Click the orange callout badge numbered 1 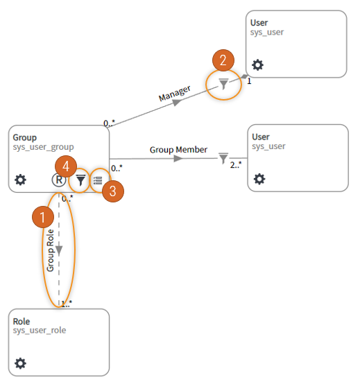pyautogui.click(x=43, y=217)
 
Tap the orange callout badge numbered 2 pyautogui.click(x=223, y=60)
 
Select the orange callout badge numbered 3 pyautogui.click(x=113, y=191)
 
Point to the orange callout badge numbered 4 pyautogui.click(x=66, y=166)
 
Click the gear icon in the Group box pyautogui.click(x=21, y=180)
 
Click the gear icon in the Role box pyautogui.click(x=21, y=363)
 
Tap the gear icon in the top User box pyautogui.click(x=257, y=64)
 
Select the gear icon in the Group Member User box pyautogui.click(x=259, y=179)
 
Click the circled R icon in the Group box pyautogui.click(x=59, y=180)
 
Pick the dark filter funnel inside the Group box pyautogui.click(x=80, y=180)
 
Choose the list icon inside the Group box pyautogui.click(x=98, y=180)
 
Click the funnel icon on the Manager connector pyautogui.click(x=223, y=84)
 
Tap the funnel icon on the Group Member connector pyautogui.click(x=223, y=158)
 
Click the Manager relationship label pyautogui.click(x=175, y=94)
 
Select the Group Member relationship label pyautogui.click(x=178, y=150)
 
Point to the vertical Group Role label pyautogui.click(x=50, y=250)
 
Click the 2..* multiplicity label pyautogui.click(x=236, y=165)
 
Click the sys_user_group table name pyautogui.click(x=44, y=147)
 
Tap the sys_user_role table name pyautogui.click(x=40, y=331)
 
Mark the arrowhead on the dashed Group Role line pyautogui.click(x=59, y=250)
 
